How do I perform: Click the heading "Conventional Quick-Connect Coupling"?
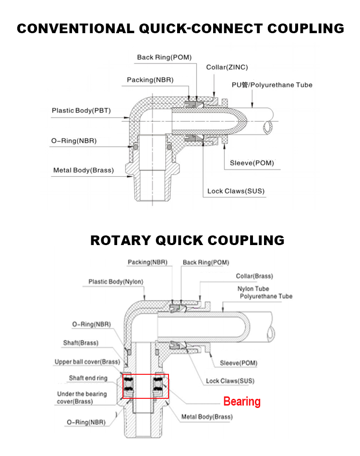180,28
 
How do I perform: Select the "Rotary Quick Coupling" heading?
187,240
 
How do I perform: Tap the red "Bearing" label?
242,402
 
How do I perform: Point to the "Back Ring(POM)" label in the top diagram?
164,57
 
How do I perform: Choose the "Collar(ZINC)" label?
227,67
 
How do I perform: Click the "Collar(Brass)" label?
254,276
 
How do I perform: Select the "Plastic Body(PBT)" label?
81,111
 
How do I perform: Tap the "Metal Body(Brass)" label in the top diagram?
84,170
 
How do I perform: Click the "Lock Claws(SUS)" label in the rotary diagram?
230,381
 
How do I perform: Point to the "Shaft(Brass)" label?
81,343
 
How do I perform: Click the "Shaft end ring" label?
88,378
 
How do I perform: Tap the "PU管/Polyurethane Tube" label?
272,85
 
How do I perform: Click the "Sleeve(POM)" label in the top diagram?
252,163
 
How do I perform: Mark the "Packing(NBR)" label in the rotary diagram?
147,262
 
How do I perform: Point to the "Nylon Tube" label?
253,289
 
